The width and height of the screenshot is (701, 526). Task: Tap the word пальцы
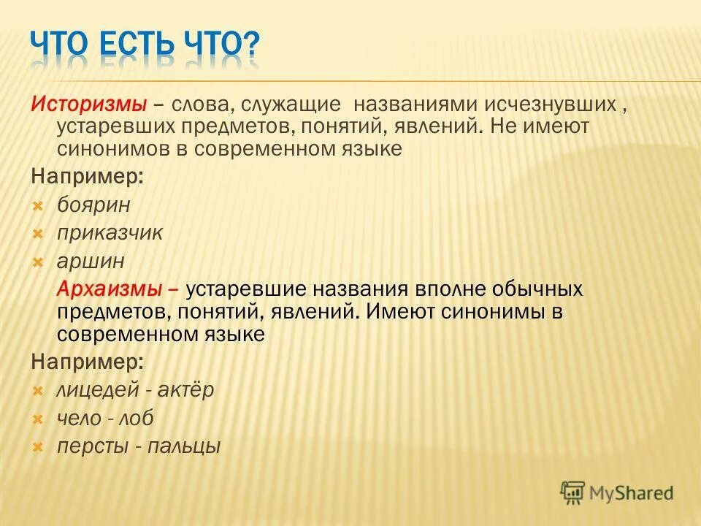pos(183,446)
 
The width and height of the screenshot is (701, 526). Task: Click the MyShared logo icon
pos(573,492)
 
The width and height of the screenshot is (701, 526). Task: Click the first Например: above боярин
pos(87,178)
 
